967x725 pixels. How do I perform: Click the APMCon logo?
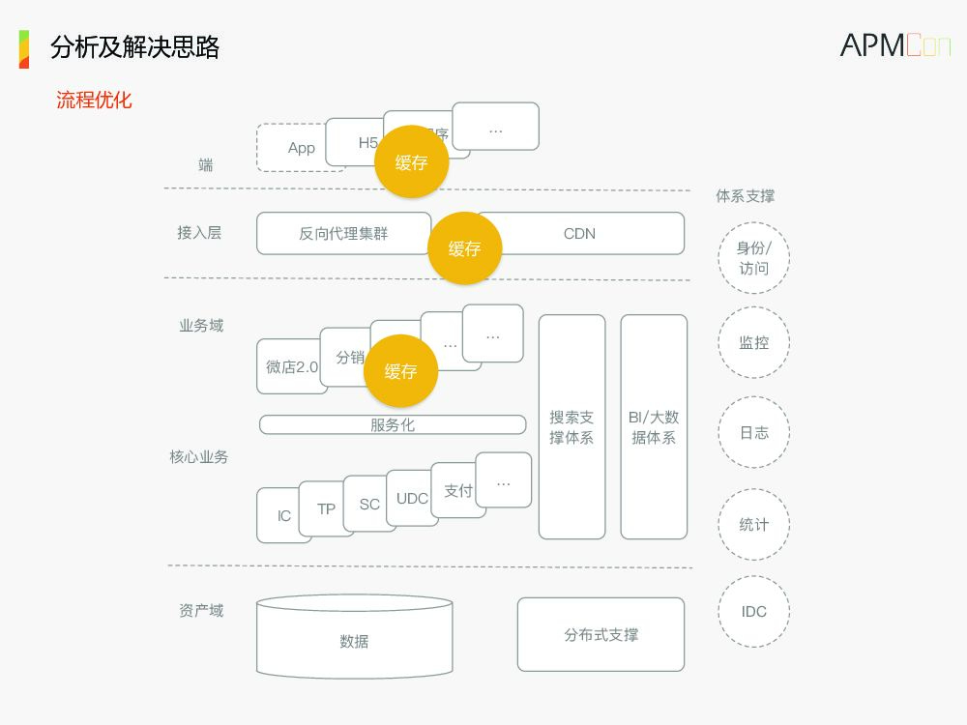(894, 45)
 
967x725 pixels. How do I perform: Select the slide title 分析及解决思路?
(135, 46)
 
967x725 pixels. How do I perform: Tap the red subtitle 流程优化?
(94, 100)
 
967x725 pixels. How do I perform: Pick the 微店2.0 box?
(289, 367)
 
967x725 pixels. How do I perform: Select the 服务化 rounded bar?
(393, 424)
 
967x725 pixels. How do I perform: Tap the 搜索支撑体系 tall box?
(571, 427)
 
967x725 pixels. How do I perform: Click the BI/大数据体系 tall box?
(654, 427)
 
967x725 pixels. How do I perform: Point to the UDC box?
(412, 499)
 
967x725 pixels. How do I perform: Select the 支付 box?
(458, 491)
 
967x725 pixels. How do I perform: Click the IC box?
(281, 516)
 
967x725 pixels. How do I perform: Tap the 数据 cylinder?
(354, 640)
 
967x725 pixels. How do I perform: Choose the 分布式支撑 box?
(601, 634)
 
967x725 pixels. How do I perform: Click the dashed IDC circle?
(753, 611)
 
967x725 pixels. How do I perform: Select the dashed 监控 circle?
(753, 343)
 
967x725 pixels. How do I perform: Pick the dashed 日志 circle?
(753, 432)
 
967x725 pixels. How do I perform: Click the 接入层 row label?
(199, 233)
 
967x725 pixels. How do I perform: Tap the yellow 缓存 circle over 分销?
(400, 371)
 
